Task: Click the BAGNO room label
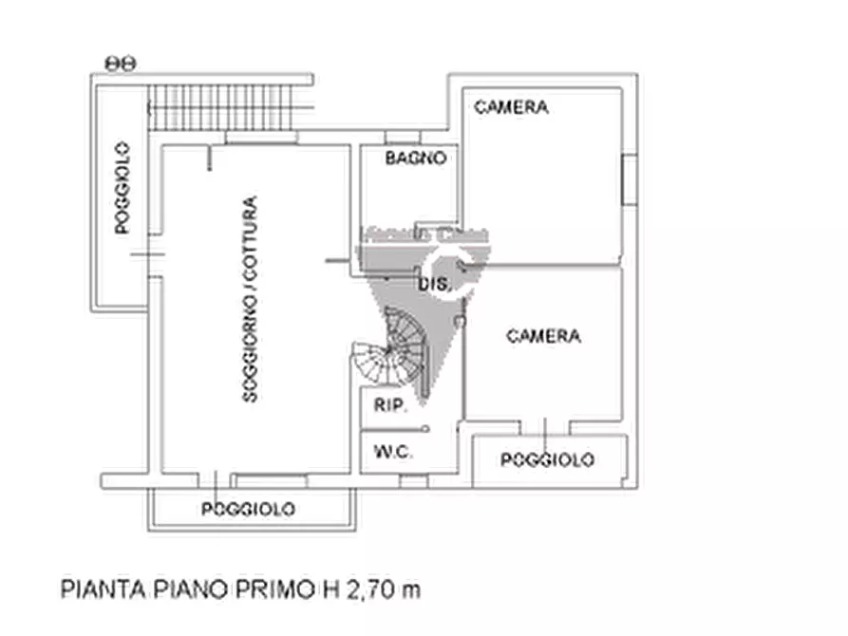pos(415,159)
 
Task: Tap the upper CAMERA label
pos(511,107)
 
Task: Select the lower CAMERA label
pos(543,336)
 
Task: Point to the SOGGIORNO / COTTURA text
pos(250,299)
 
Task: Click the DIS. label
pos(432,284)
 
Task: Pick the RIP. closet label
pos(390,405)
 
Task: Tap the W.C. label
pos(393,453)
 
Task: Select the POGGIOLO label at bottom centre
pos(248,510)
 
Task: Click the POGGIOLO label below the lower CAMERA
pos(548,460)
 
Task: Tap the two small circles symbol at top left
pos(121,63)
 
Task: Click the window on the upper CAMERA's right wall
pos(628,178)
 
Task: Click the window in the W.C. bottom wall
pos(413,480)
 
